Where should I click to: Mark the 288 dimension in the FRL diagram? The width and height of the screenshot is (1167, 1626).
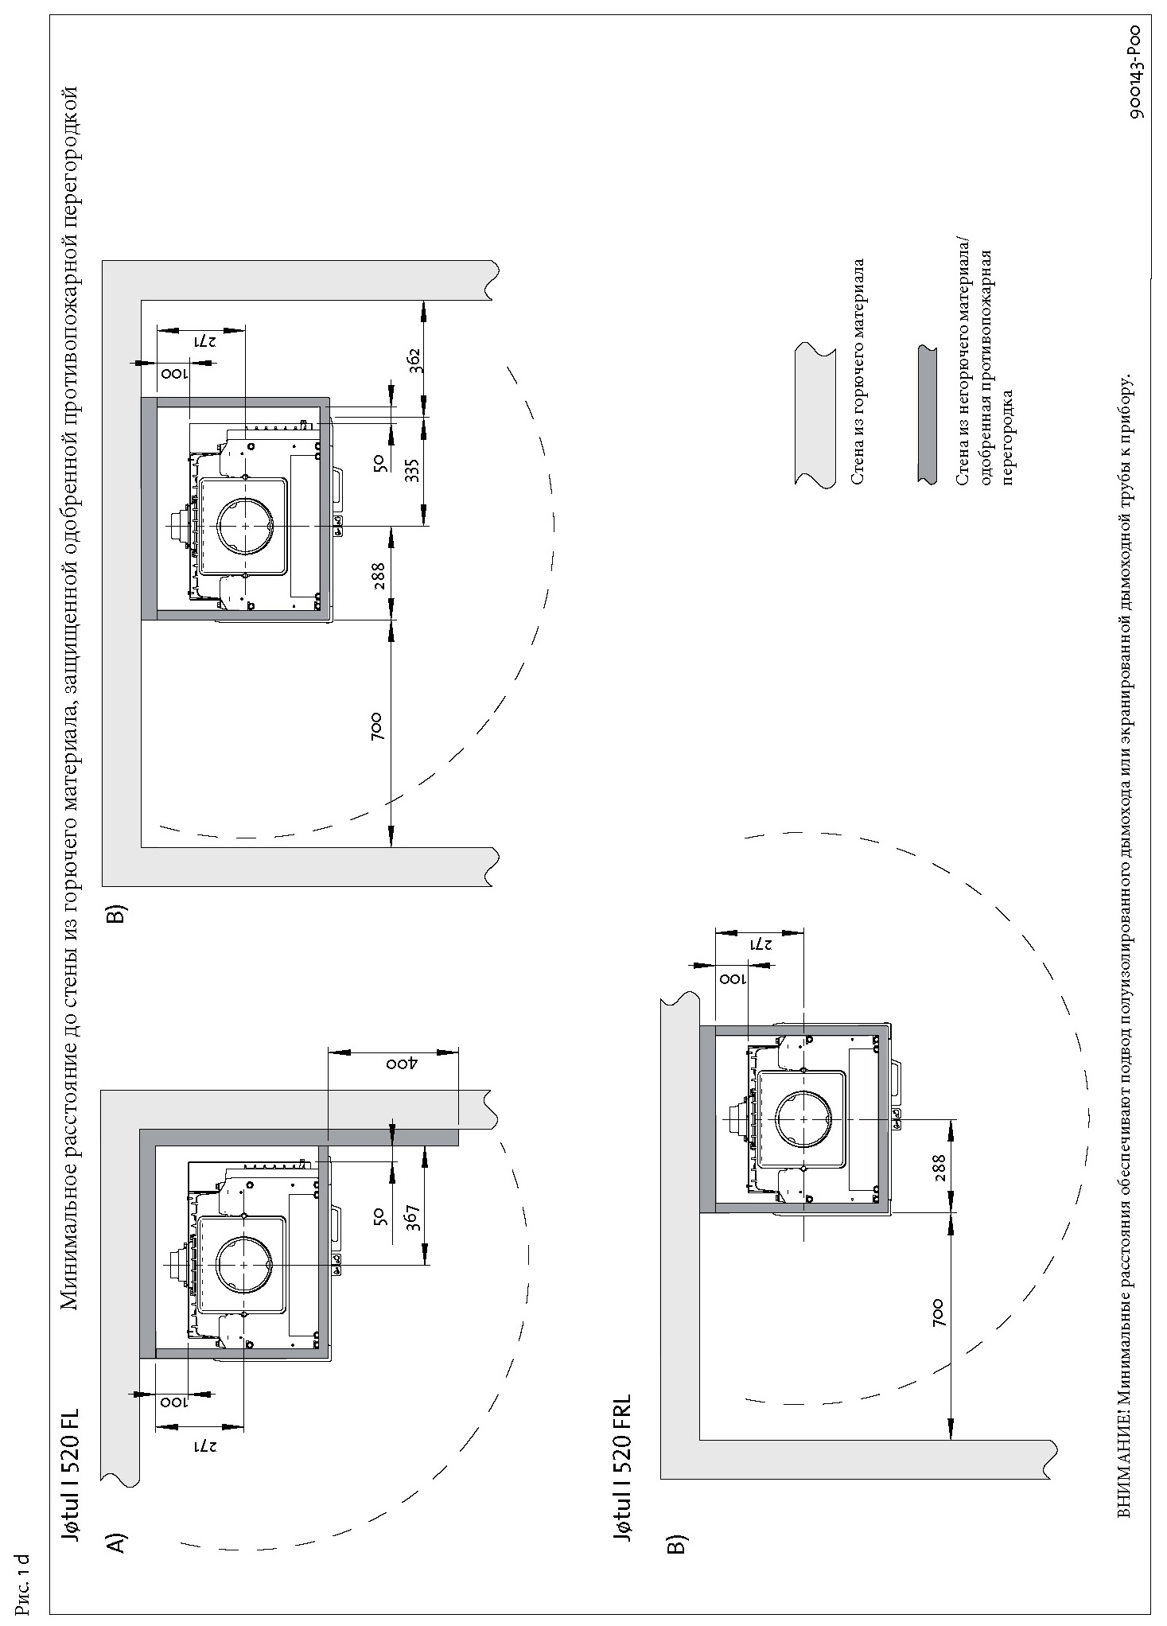[939, 1169]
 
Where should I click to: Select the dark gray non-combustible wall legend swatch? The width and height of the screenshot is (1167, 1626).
[927, 414]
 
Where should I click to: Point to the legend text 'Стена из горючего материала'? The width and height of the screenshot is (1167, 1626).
[858, 371]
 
